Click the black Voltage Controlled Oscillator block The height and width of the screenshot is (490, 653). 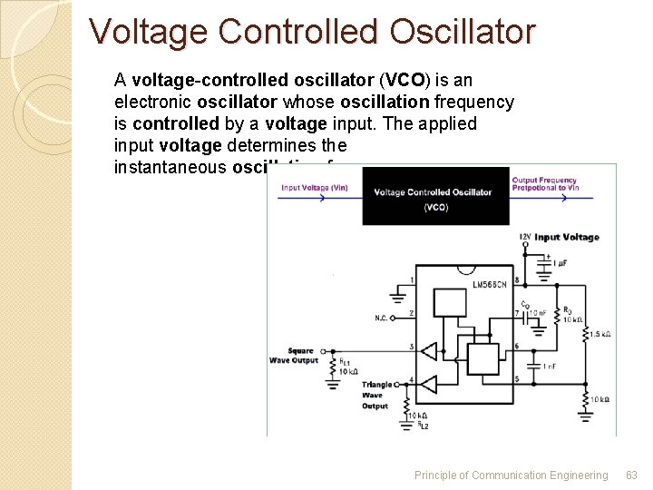[x=435, y=195]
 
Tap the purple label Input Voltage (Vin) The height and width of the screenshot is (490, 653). [x=314, y=188]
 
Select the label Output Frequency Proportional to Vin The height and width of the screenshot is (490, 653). [x=544, y=184]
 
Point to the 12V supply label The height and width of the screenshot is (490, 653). [x=524, y=237]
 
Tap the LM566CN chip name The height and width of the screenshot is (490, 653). [x=491, y=285]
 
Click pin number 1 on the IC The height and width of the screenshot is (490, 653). [x=413, y=279]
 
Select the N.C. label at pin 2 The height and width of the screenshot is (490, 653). [x=382, y=318]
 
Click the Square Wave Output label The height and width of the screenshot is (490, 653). [x=294, y=356]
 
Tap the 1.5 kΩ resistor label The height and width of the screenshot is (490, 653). [x=599, y=335]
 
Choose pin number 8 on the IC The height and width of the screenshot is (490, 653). [x=516, y=279]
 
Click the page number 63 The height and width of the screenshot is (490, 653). [x=631, y=475]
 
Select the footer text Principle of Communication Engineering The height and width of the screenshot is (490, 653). [x=511, y=475]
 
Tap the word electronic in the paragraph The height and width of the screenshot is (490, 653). [x=151, y=102]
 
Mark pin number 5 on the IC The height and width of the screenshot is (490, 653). [x=516, y=379]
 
